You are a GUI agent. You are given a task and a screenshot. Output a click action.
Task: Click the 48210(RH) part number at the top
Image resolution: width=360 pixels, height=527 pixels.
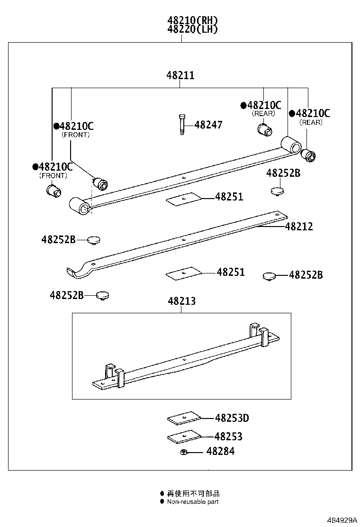(192, 20)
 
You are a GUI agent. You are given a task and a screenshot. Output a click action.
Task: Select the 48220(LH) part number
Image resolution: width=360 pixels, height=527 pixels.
(192, 29)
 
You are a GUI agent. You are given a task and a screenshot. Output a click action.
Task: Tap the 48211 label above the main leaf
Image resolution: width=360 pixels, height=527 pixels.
(180, 75)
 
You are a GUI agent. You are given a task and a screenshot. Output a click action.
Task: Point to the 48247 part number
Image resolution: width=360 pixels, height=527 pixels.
(208, 125)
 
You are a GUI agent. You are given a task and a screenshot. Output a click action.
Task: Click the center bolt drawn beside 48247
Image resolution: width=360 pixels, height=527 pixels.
(181, 125)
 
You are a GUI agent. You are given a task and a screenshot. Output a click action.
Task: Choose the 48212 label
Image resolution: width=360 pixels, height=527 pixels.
(299, 227)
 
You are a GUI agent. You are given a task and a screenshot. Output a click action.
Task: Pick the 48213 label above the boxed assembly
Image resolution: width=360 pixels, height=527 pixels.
(181, 301)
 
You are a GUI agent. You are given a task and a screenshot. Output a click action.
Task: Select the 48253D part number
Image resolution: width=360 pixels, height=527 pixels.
(232, 418)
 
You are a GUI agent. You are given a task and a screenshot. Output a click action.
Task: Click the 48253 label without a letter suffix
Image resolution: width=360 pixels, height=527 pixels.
(228, 436)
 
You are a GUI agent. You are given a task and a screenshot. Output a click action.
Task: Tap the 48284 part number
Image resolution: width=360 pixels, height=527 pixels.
(220, 452)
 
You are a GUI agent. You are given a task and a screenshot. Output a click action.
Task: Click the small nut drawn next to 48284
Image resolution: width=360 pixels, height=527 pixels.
(183, 453)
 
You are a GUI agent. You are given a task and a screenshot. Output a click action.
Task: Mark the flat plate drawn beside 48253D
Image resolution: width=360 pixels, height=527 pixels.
(184, 418)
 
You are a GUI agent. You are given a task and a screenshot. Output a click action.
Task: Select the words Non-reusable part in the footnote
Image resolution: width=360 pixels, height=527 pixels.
(193, 501)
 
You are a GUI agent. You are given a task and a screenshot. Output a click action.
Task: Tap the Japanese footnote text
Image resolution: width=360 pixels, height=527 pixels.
(193, 493)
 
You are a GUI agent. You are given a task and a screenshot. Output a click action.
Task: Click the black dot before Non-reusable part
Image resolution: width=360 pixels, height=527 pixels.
(162, 501)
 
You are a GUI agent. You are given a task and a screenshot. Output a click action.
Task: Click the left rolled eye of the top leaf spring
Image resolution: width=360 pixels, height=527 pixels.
(79, 207)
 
